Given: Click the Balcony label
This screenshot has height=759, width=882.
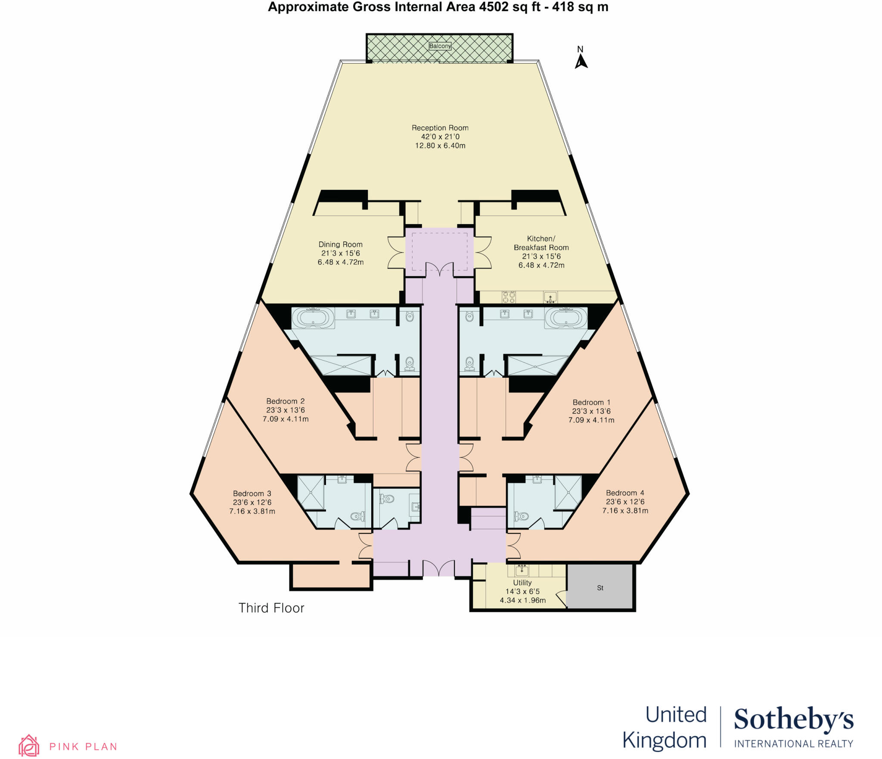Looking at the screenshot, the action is (440, 46).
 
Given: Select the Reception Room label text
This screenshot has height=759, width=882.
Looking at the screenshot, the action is (440, 128).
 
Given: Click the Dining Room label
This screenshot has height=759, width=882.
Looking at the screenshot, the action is (340, 244).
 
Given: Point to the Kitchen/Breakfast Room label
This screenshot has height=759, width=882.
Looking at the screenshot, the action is (541, 243).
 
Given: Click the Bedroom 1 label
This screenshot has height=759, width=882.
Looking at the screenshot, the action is (591, 402).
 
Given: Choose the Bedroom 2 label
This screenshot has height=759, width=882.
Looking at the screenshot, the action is (285, 401).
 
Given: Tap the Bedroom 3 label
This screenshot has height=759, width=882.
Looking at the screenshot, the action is (252, 494).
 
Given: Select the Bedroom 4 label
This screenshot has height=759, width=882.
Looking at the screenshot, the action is (625, 493).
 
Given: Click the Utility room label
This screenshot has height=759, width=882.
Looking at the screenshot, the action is (522, 583).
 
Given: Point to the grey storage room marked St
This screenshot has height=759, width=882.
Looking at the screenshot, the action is (600, 588).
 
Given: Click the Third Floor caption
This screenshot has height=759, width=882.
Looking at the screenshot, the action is (271, 608).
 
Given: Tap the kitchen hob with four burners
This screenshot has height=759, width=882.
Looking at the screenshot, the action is (509, 297).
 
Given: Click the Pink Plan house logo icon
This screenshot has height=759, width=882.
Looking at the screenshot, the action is (29, 746).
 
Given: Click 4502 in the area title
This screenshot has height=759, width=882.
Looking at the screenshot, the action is (495, 7).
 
